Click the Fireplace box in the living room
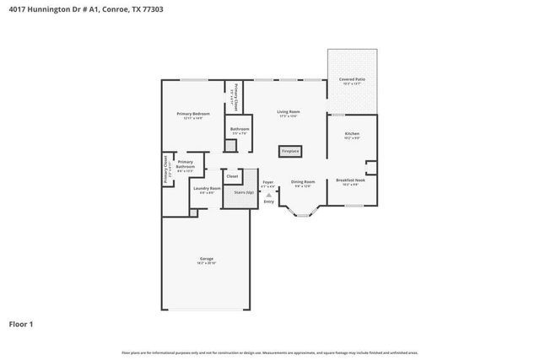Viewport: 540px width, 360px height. [x=290, y=152]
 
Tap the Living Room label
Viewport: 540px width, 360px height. [x=289, y=111]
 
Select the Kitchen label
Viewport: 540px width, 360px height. [x=352, y=134]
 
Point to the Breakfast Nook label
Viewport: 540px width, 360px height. [x=350, y=180]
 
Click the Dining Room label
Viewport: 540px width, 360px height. [x=302, y=182]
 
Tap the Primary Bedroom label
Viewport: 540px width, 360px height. [x=193, y=114]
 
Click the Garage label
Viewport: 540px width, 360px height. [x=206, y=259]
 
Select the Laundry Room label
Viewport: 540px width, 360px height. [x=207, y=188]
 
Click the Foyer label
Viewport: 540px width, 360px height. [x=267, y=182]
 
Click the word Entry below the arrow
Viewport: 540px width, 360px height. [x=269, y=201]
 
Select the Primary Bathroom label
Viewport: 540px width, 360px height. [x=186, y=164]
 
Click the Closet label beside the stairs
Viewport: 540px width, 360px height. [x=232, y=176]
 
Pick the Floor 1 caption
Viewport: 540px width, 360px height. [x=22, y=323]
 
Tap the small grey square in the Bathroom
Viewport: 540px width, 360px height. [x=230, y=145]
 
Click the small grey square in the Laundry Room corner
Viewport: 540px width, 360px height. [x=193, y=212]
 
